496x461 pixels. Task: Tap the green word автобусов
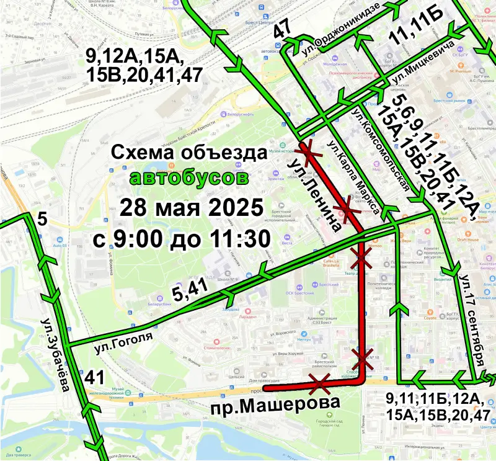(189, 179)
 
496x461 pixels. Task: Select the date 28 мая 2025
(190, 207)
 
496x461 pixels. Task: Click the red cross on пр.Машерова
(320, 383)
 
